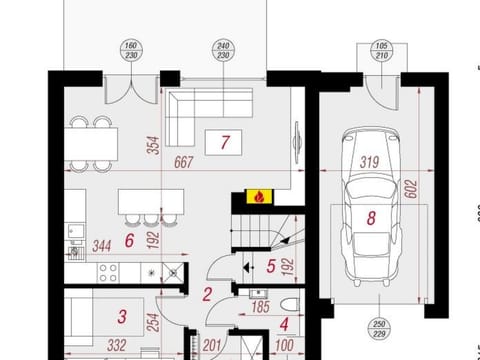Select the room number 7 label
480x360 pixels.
(225, 143)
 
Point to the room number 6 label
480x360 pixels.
(129, 240)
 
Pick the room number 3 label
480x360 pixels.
(122, 318)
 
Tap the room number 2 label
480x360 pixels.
(207, 294)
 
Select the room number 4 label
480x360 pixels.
(283, 323)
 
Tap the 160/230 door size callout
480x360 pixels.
(131, 50)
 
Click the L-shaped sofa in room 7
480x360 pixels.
(195, 110)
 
